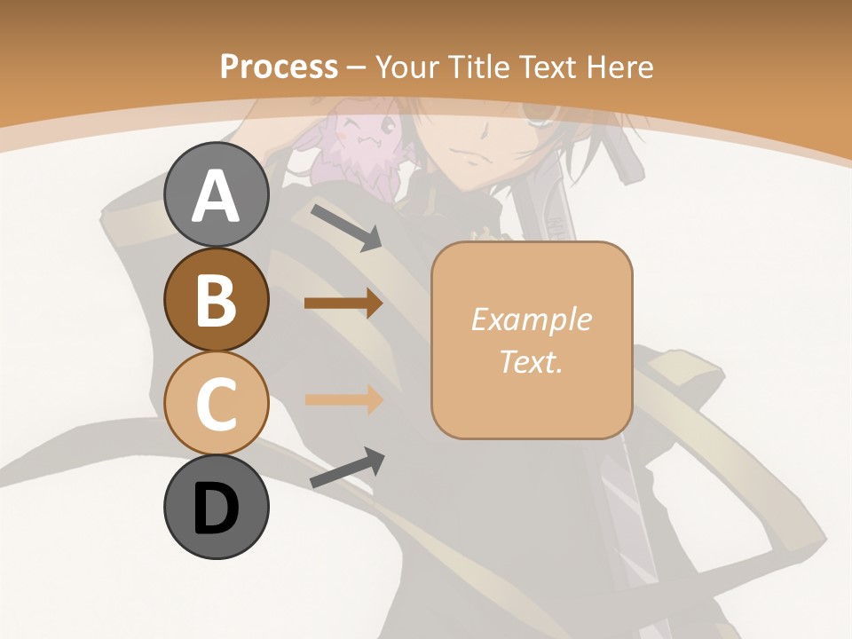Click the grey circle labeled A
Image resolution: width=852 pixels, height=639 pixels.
click(217, 194)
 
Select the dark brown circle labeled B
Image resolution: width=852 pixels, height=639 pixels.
click(217, 299)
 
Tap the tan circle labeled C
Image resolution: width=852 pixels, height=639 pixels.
click(217, 403)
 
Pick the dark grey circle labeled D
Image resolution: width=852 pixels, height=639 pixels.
click(217, 507)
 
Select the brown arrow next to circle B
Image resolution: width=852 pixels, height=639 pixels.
click(343, 304)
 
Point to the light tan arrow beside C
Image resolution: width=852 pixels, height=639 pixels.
click(343, 399)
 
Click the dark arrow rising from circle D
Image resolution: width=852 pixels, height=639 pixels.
click(347, 468)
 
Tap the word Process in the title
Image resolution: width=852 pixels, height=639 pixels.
click(279, 67)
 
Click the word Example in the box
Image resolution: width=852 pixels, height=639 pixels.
click(531, 319)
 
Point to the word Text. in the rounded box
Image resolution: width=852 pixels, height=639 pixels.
click(531, 361)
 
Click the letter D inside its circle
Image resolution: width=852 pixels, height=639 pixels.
click(217, 509)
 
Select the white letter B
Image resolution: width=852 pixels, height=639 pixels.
click(217, 300)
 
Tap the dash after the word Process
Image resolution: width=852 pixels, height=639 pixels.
click(357, 67)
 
